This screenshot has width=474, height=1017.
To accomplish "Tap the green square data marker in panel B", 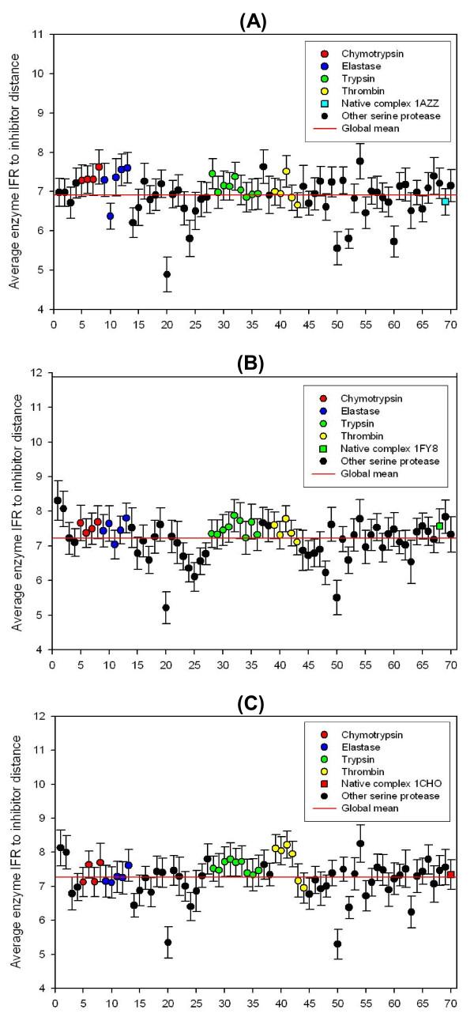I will coord(439,525).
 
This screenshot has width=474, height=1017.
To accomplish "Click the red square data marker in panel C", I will coord(450,875).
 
